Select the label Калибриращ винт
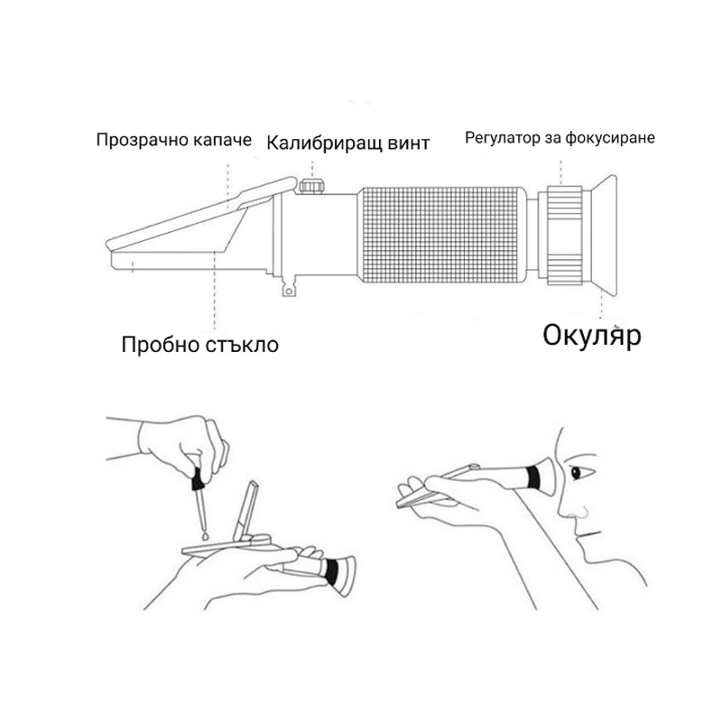(x=347, y=143)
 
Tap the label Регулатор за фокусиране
(x=560, y=138)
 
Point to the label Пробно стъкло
(x=200, y=344)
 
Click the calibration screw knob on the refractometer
(x=313, y=186)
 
